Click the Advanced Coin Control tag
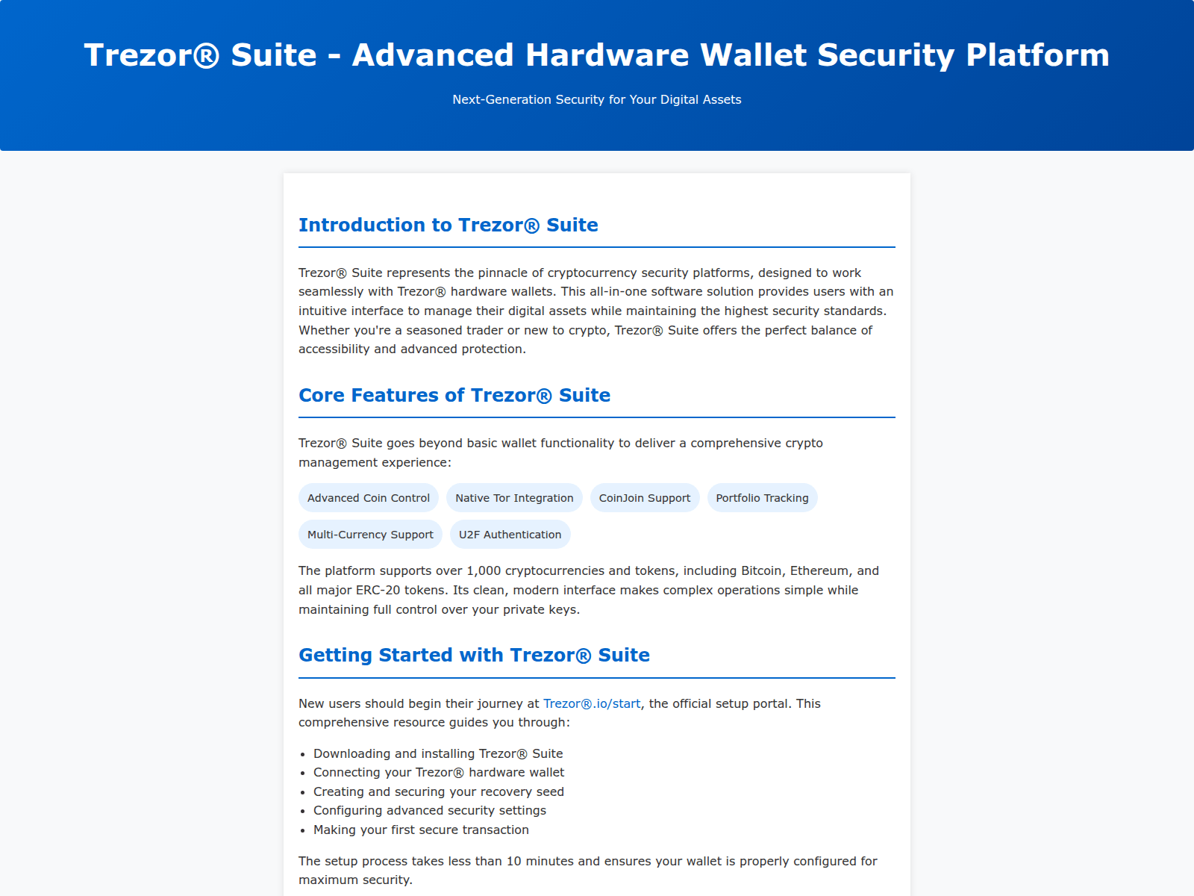click(368, 498)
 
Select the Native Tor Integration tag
click(514, 498)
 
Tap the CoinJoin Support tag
click(645, 498)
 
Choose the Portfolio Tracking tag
click(762, 498)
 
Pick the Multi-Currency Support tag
click(370, 534)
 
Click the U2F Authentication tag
click(510, 534)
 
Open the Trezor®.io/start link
click(592, 703)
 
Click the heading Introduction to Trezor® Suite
click(448, 225)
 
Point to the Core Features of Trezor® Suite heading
click(454, 395)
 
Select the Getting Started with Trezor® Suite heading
click(474, 655)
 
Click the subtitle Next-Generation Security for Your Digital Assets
click(597, 99)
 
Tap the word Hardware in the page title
click(607, 55)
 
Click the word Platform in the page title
click(1037, 55)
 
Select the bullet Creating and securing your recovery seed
click(439, 791)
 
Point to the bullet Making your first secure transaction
click(421, 830)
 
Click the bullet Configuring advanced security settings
click(430, 811)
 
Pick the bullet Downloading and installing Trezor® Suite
click(438, 753)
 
